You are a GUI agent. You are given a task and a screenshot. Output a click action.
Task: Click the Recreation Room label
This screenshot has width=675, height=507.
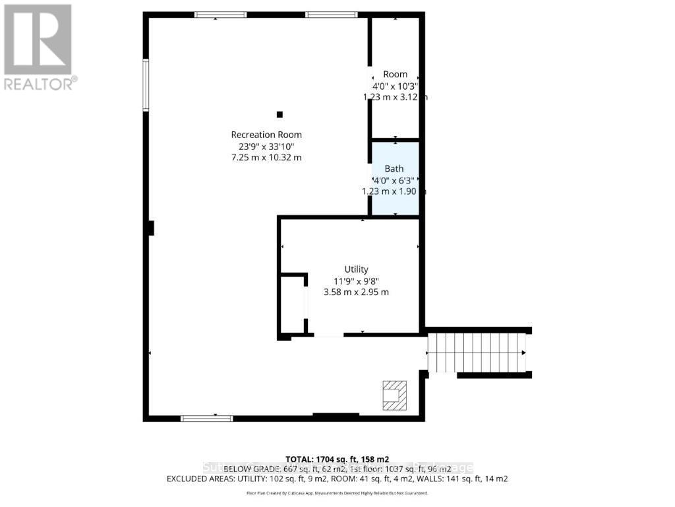(266, 135)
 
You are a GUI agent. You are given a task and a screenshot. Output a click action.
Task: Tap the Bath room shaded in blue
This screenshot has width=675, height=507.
(394, 179)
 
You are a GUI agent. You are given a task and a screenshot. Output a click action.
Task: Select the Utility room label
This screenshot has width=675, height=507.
(356, 269)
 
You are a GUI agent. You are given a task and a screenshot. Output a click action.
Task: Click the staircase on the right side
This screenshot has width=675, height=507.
(477, 353)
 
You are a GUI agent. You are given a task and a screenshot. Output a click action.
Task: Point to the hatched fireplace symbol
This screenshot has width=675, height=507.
(396, 394)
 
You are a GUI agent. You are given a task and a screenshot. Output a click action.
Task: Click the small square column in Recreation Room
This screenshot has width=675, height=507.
(279, 114)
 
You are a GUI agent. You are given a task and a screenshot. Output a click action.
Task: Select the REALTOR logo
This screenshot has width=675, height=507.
(38, 46)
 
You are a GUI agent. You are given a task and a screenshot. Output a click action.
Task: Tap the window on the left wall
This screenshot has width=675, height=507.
(146, 84)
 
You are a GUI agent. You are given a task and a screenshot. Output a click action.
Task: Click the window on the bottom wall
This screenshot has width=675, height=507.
(207, 417)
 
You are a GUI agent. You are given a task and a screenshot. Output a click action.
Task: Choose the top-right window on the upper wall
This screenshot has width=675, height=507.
(331, 15)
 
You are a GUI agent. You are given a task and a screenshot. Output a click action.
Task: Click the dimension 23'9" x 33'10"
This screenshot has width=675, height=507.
(266, 146)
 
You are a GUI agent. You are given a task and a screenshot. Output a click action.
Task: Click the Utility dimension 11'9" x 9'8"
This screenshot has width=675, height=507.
(356, 281)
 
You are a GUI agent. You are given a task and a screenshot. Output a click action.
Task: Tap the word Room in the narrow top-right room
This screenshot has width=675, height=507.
(395, 75)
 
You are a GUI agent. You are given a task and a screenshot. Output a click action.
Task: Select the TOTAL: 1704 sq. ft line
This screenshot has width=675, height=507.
(337, 458)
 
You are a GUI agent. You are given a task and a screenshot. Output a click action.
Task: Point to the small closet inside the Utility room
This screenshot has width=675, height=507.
(293, 304)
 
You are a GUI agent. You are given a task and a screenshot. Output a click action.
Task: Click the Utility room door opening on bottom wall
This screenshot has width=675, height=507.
(328, 335)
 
